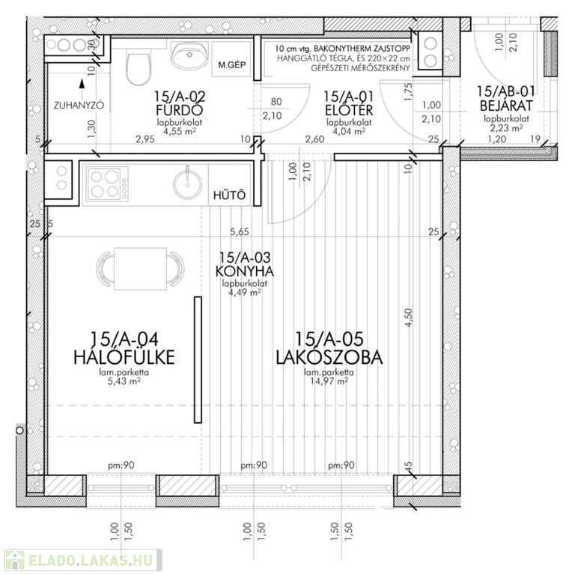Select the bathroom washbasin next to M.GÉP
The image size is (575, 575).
coord(189,55)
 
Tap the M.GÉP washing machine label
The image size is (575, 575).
coord(232,65)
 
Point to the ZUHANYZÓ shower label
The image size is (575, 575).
coord(79,106)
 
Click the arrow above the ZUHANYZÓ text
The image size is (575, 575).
coord(82,84)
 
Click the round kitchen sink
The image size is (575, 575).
coord(187,183)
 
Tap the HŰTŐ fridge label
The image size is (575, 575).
coord(230,195)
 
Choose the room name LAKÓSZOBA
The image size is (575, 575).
coord(329,358)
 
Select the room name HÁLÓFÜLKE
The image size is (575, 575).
coord(124,357)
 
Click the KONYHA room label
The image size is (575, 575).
coord(245,271)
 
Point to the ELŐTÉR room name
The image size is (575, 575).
coord(349,109)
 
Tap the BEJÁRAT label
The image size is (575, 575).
coord(506,106)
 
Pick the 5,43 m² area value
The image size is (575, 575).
coord(124,381)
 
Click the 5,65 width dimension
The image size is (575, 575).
coord(239,232)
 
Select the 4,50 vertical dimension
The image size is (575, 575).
coord(410,317)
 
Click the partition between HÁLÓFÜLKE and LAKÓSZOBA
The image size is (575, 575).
coord(198,359)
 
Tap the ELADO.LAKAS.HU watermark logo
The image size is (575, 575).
coord(83,560)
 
